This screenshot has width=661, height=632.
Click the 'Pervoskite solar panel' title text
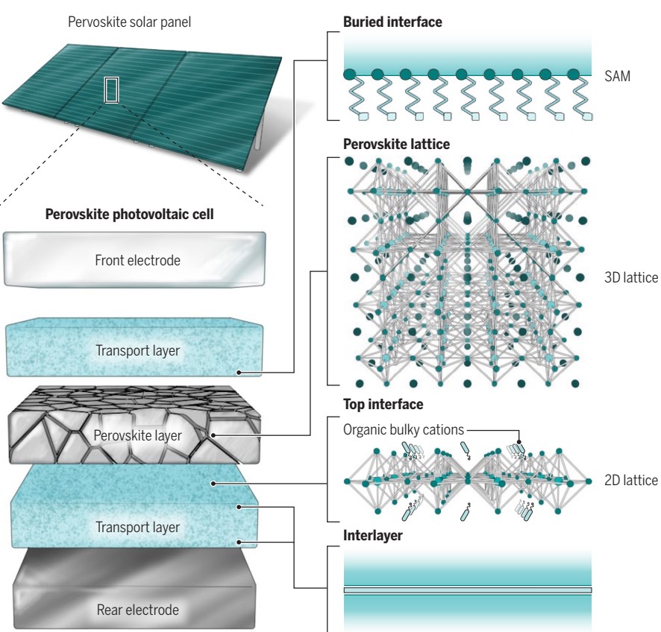[x=129, y=22]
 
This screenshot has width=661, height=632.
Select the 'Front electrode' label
[x=137, y=260]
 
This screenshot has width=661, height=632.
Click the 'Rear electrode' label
[x=138, y=610]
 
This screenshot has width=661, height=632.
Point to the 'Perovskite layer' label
[x=138, y=435]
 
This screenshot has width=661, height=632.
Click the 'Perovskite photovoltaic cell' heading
[x=130, y=215]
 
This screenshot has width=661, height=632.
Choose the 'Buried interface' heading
[x=392, y=22]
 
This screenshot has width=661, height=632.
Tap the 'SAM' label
[x=617, y=75]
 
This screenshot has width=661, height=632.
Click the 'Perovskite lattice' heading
[x=396, y=143]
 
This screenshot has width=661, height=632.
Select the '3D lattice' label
[x=631, y=278]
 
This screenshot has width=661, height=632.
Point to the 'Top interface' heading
[x=383, y=404]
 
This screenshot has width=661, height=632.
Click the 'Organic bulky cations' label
[x=404, y=429]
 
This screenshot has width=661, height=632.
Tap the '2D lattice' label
[x=631, y=480]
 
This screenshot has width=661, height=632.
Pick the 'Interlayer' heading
[x=372, y=535]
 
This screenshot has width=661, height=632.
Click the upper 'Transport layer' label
[x=137, y=350]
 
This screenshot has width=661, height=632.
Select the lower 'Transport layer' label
[x=137, y=527]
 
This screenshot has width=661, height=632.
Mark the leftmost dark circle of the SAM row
[x=349, y=75]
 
